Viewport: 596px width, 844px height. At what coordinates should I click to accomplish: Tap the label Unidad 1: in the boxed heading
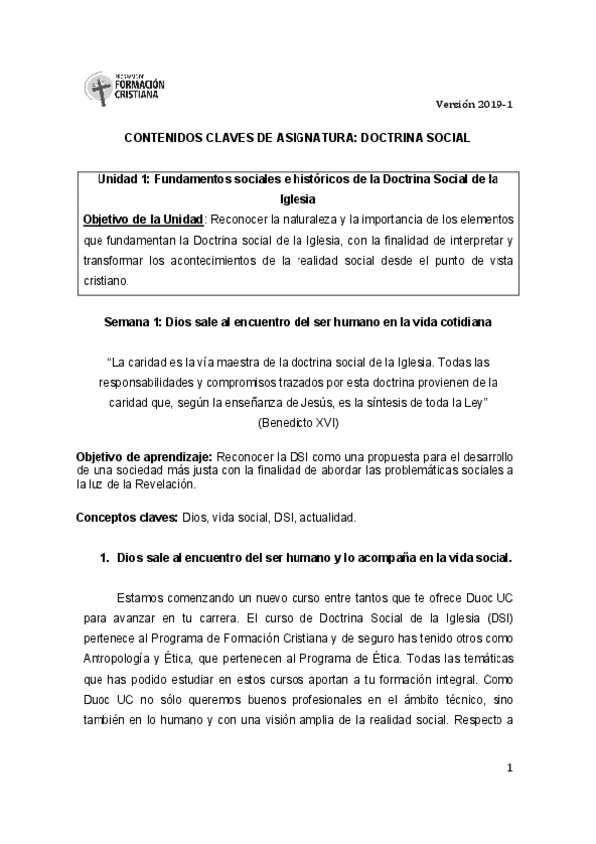pyautogui.click(x=121, y=179)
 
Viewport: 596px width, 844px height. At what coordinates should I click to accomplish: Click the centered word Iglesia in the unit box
pyautogui.click(x=298, y=198)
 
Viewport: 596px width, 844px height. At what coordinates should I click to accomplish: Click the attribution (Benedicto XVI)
pyautogui.click(x=298, y=423)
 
